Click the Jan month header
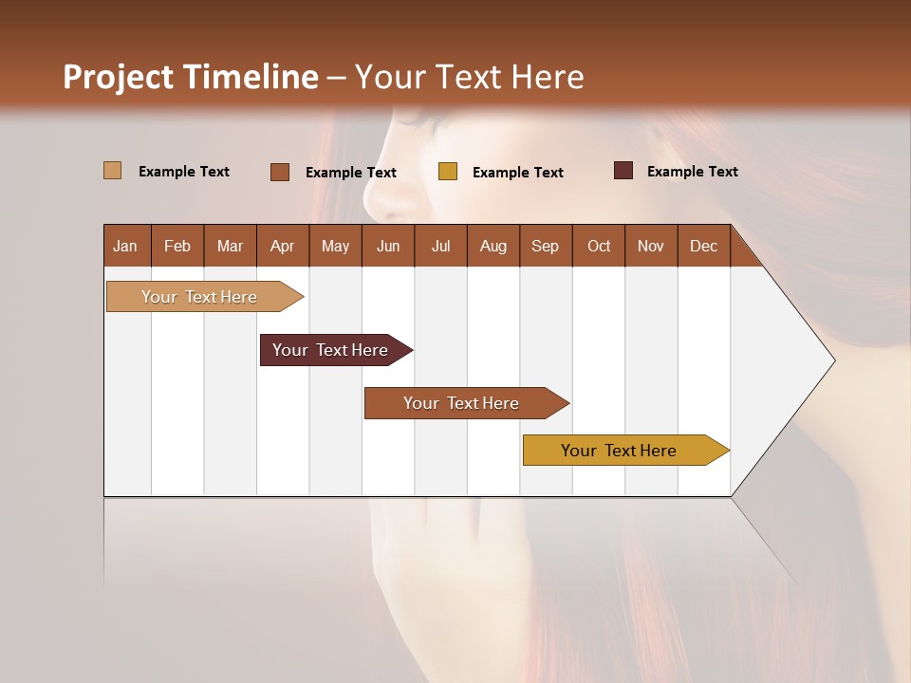pos(125,246)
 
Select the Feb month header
pos(177,246)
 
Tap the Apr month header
pos(283,246)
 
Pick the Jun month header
pos(388,246)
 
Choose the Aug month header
pos(493,246)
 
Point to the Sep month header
pos(546,246)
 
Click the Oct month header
pos(599,246)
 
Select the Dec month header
pos(704,246)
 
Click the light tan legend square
pos(112,171)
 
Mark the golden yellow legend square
pos(448,172)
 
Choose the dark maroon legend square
pos(623,171)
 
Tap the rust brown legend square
pos(279,172)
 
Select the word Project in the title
pos(119,77)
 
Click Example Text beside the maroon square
pos(692,171)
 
